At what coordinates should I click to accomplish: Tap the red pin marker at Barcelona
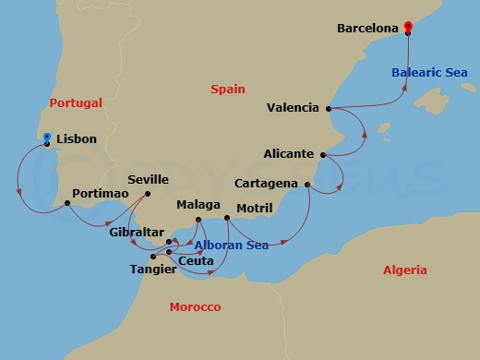(408, 27)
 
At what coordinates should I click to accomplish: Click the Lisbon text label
(76, 139)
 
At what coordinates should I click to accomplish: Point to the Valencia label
(293, 108)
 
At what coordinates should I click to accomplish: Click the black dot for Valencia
(329, 108)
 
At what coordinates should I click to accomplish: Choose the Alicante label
(288, 154)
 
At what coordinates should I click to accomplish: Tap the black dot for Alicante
(322, 154)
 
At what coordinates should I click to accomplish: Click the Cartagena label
(266, 184)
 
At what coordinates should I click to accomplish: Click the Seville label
(150, 180)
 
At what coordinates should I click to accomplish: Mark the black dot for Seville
(149, 193)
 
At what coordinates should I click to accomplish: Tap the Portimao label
(95, 203)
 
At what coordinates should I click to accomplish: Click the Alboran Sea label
(231, 246)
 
